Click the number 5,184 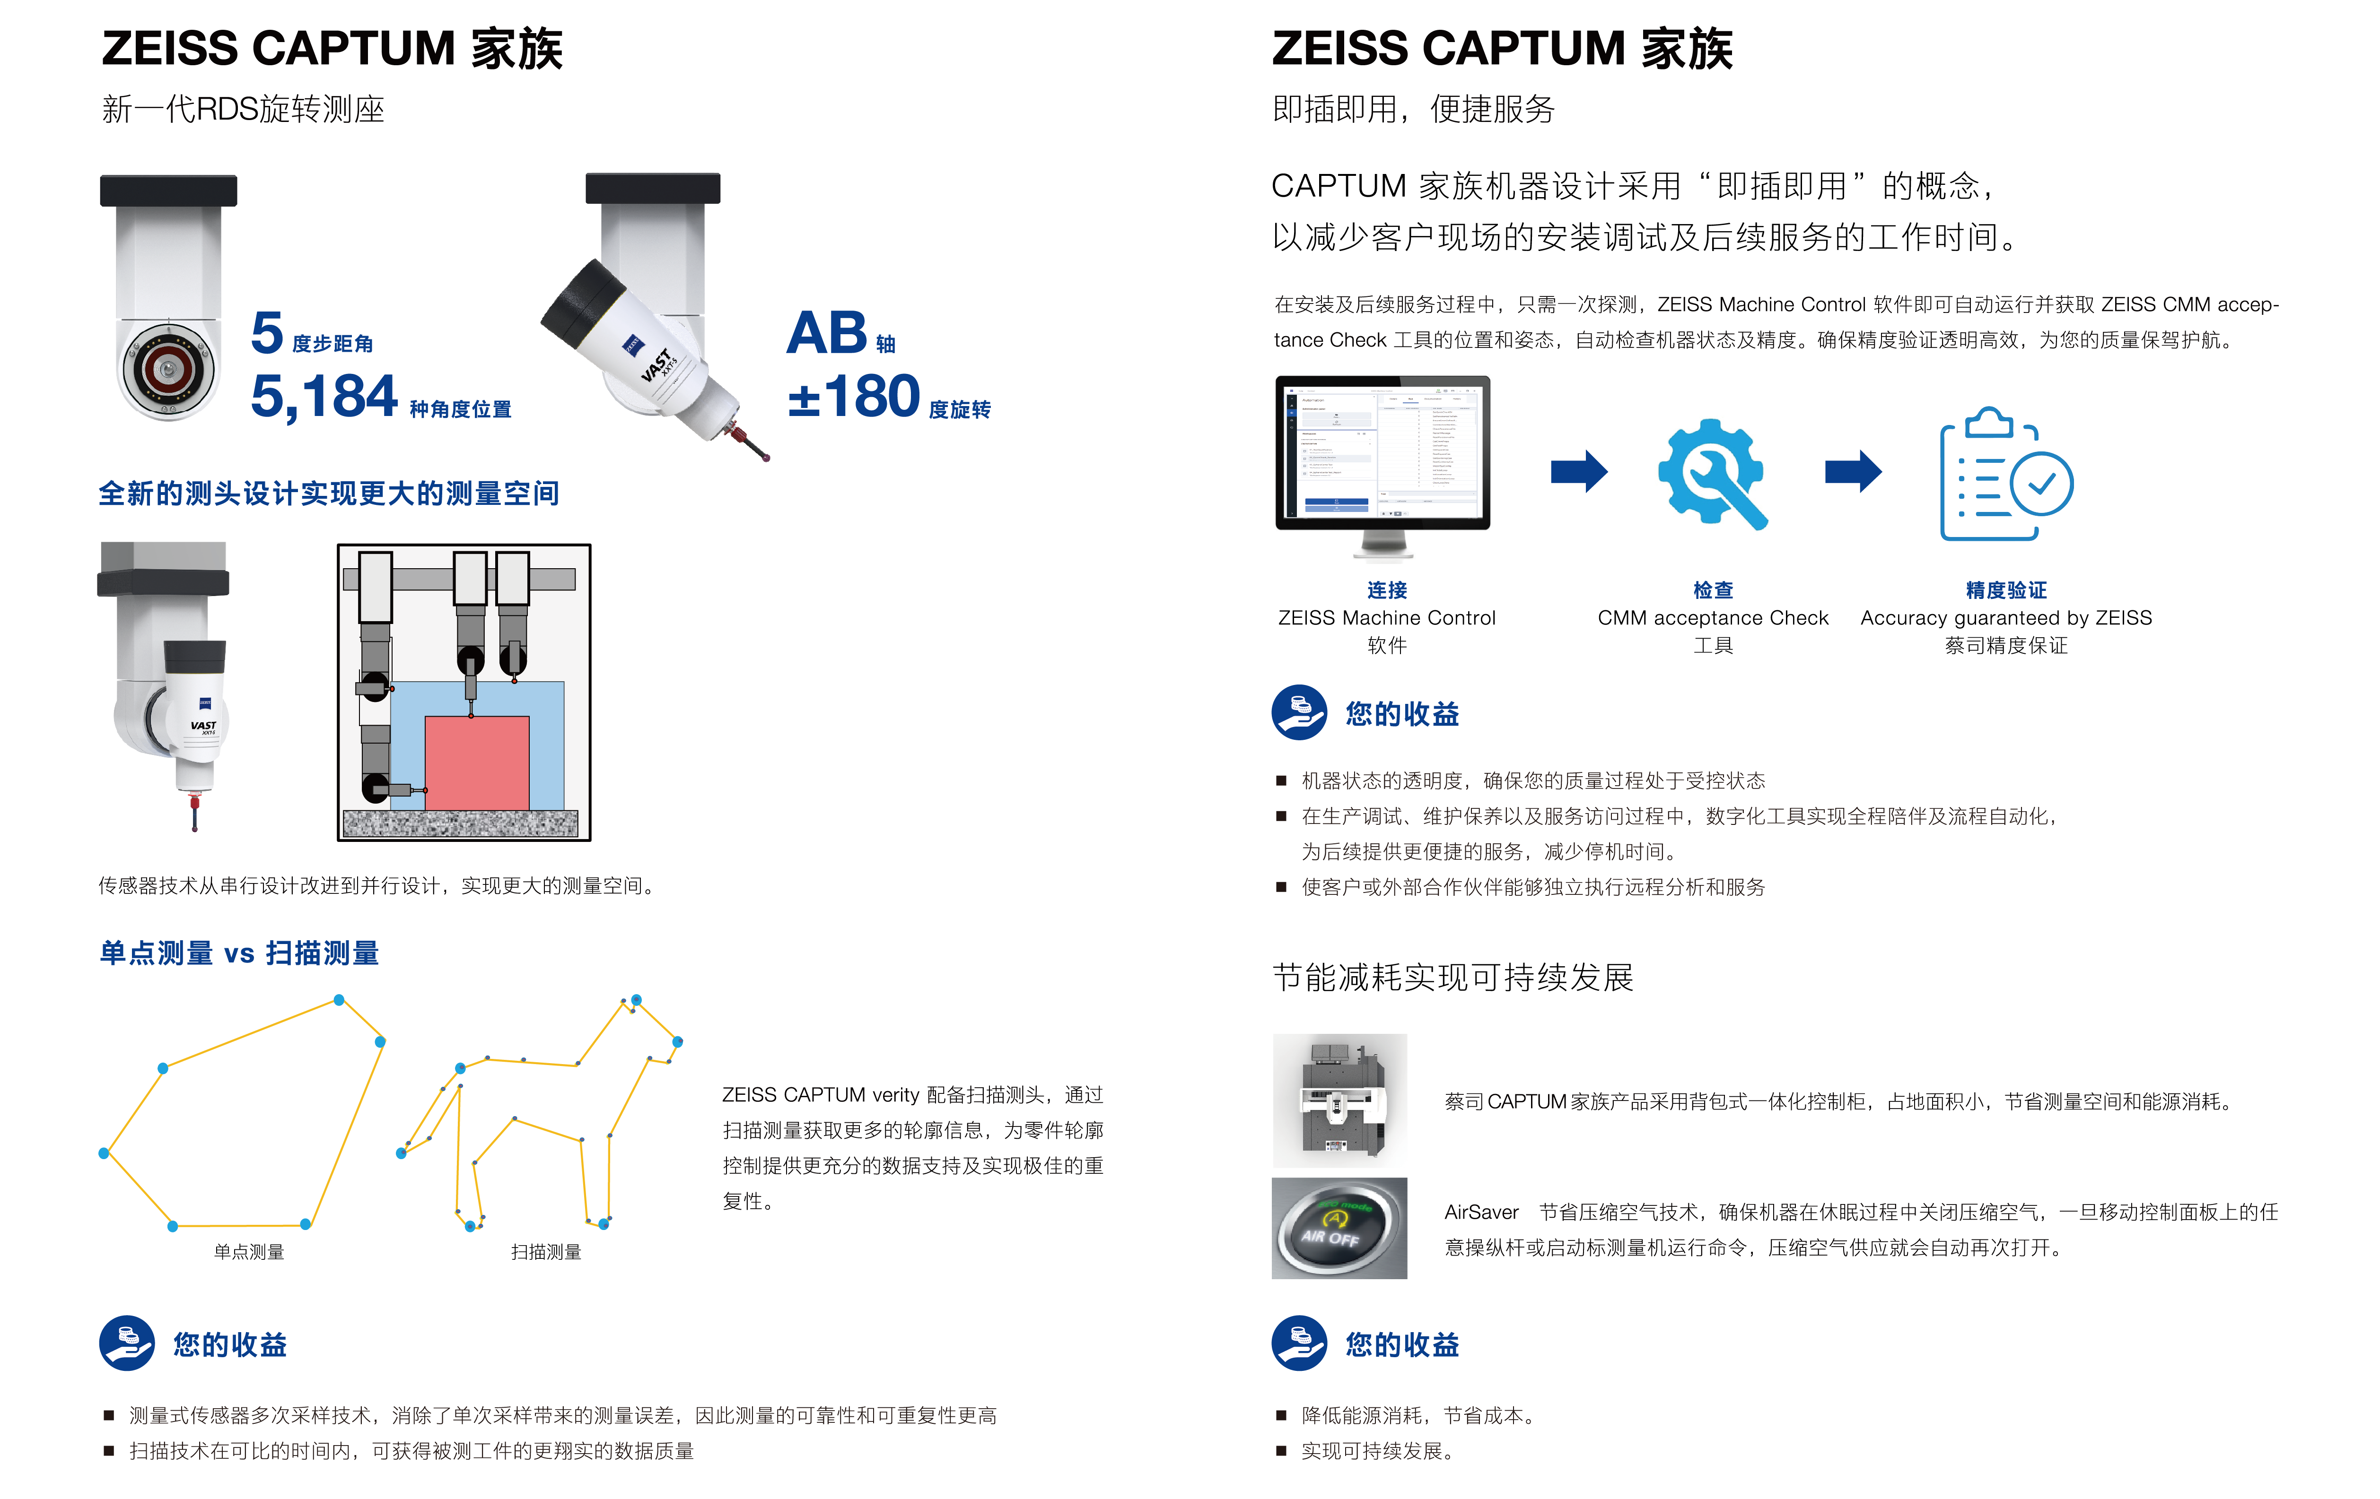click(x=323, y=397)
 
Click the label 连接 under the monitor click(x=1387, y=590)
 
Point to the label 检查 click(x=1713, y=590)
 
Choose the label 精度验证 click(x=2005, y=590)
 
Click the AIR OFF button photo click(x=1339, y=1228)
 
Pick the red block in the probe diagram click(x=476, y=763)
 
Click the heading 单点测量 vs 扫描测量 click(x=239, y=953)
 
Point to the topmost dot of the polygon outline click(x=339, y=1000)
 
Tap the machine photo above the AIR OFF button click(x=1339, y=1101)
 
